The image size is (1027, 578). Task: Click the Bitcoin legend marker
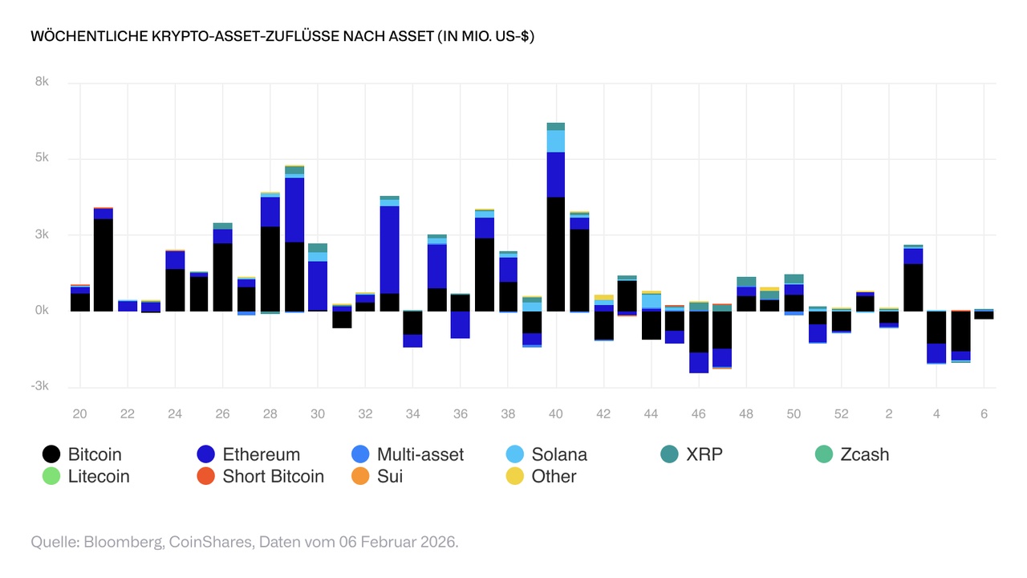[51, 454]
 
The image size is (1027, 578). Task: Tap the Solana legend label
[559, 454]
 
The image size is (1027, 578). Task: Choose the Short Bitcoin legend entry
[273, 476]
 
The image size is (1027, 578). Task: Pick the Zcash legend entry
[863, 454]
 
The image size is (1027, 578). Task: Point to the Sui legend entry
[389, 476]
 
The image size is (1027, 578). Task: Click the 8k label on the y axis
[41, 83]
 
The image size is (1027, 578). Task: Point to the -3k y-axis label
[39, 386]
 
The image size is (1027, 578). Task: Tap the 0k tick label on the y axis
[41, 311]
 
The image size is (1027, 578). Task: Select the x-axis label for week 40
[555, 414]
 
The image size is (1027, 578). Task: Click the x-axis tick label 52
[841, 414]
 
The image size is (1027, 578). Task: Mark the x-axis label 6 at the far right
[984, 414]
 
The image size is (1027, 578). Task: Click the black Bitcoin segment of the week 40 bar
[555, 254]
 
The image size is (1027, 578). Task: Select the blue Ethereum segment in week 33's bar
[390, 250]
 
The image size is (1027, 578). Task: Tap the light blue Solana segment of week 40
[555, 141]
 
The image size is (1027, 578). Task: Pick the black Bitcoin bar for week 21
[104, 265]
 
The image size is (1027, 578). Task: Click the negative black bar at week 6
[984, 315]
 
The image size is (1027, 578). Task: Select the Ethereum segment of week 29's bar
[294, 210]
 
